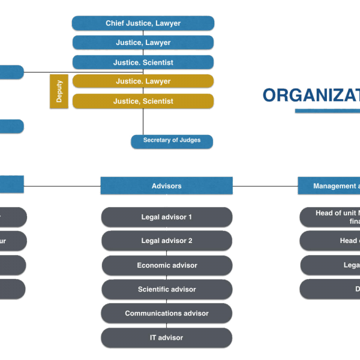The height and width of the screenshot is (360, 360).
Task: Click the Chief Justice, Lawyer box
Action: [143, 23]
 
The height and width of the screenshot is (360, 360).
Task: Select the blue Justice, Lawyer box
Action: [143, 43]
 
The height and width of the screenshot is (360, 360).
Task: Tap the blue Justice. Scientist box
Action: [143, 62]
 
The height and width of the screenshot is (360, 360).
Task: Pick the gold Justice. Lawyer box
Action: [143, 82]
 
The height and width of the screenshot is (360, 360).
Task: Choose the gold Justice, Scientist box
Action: [143, 101]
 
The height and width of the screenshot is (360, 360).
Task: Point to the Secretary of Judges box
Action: [172, 141]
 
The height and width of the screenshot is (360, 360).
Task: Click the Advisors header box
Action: [166, 186]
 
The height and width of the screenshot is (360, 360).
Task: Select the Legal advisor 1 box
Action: [166, 217]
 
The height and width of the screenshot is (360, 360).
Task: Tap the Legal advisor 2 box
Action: [166, 241]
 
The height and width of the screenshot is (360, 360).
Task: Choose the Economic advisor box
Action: [166, 265]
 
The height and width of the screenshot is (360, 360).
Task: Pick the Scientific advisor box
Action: [166, 289]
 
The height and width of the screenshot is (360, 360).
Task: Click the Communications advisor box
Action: [166, 313]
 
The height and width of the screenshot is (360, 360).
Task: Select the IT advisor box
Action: [166, 338]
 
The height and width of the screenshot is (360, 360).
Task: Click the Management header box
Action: [329, 186]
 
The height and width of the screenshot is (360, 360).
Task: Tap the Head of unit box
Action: [331, 217]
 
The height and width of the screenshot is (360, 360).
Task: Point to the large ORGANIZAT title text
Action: [311, 95]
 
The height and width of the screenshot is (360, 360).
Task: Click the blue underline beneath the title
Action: [327, 111]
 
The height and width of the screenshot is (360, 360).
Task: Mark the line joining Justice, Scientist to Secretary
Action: [143, 122]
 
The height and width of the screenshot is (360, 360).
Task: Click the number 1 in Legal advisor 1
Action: [190, 217]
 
